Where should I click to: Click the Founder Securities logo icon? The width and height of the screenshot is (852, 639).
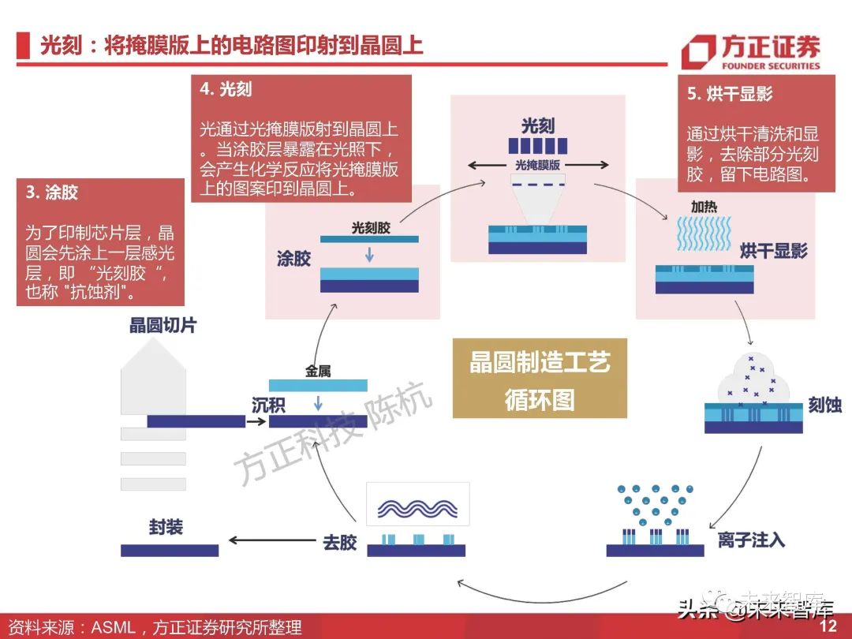(698, 53)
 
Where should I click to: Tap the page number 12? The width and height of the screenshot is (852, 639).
(828, 626)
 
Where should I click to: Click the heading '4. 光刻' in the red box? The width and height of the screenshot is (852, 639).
(226, 89)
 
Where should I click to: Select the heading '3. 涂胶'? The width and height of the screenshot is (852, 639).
(52, 192)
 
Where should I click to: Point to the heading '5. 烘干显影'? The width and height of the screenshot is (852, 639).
(730, 94)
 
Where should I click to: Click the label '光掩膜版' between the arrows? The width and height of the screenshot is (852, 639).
(537, 165)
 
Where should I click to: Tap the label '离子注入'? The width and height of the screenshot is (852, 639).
(751, 540)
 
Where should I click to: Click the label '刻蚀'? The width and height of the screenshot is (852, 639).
(825, 405)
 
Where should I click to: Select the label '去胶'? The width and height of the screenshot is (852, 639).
(340, 543)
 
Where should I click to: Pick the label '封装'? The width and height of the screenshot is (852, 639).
(166, 527)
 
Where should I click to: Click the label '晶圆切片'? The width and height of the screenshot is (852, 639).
(163, 326)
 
